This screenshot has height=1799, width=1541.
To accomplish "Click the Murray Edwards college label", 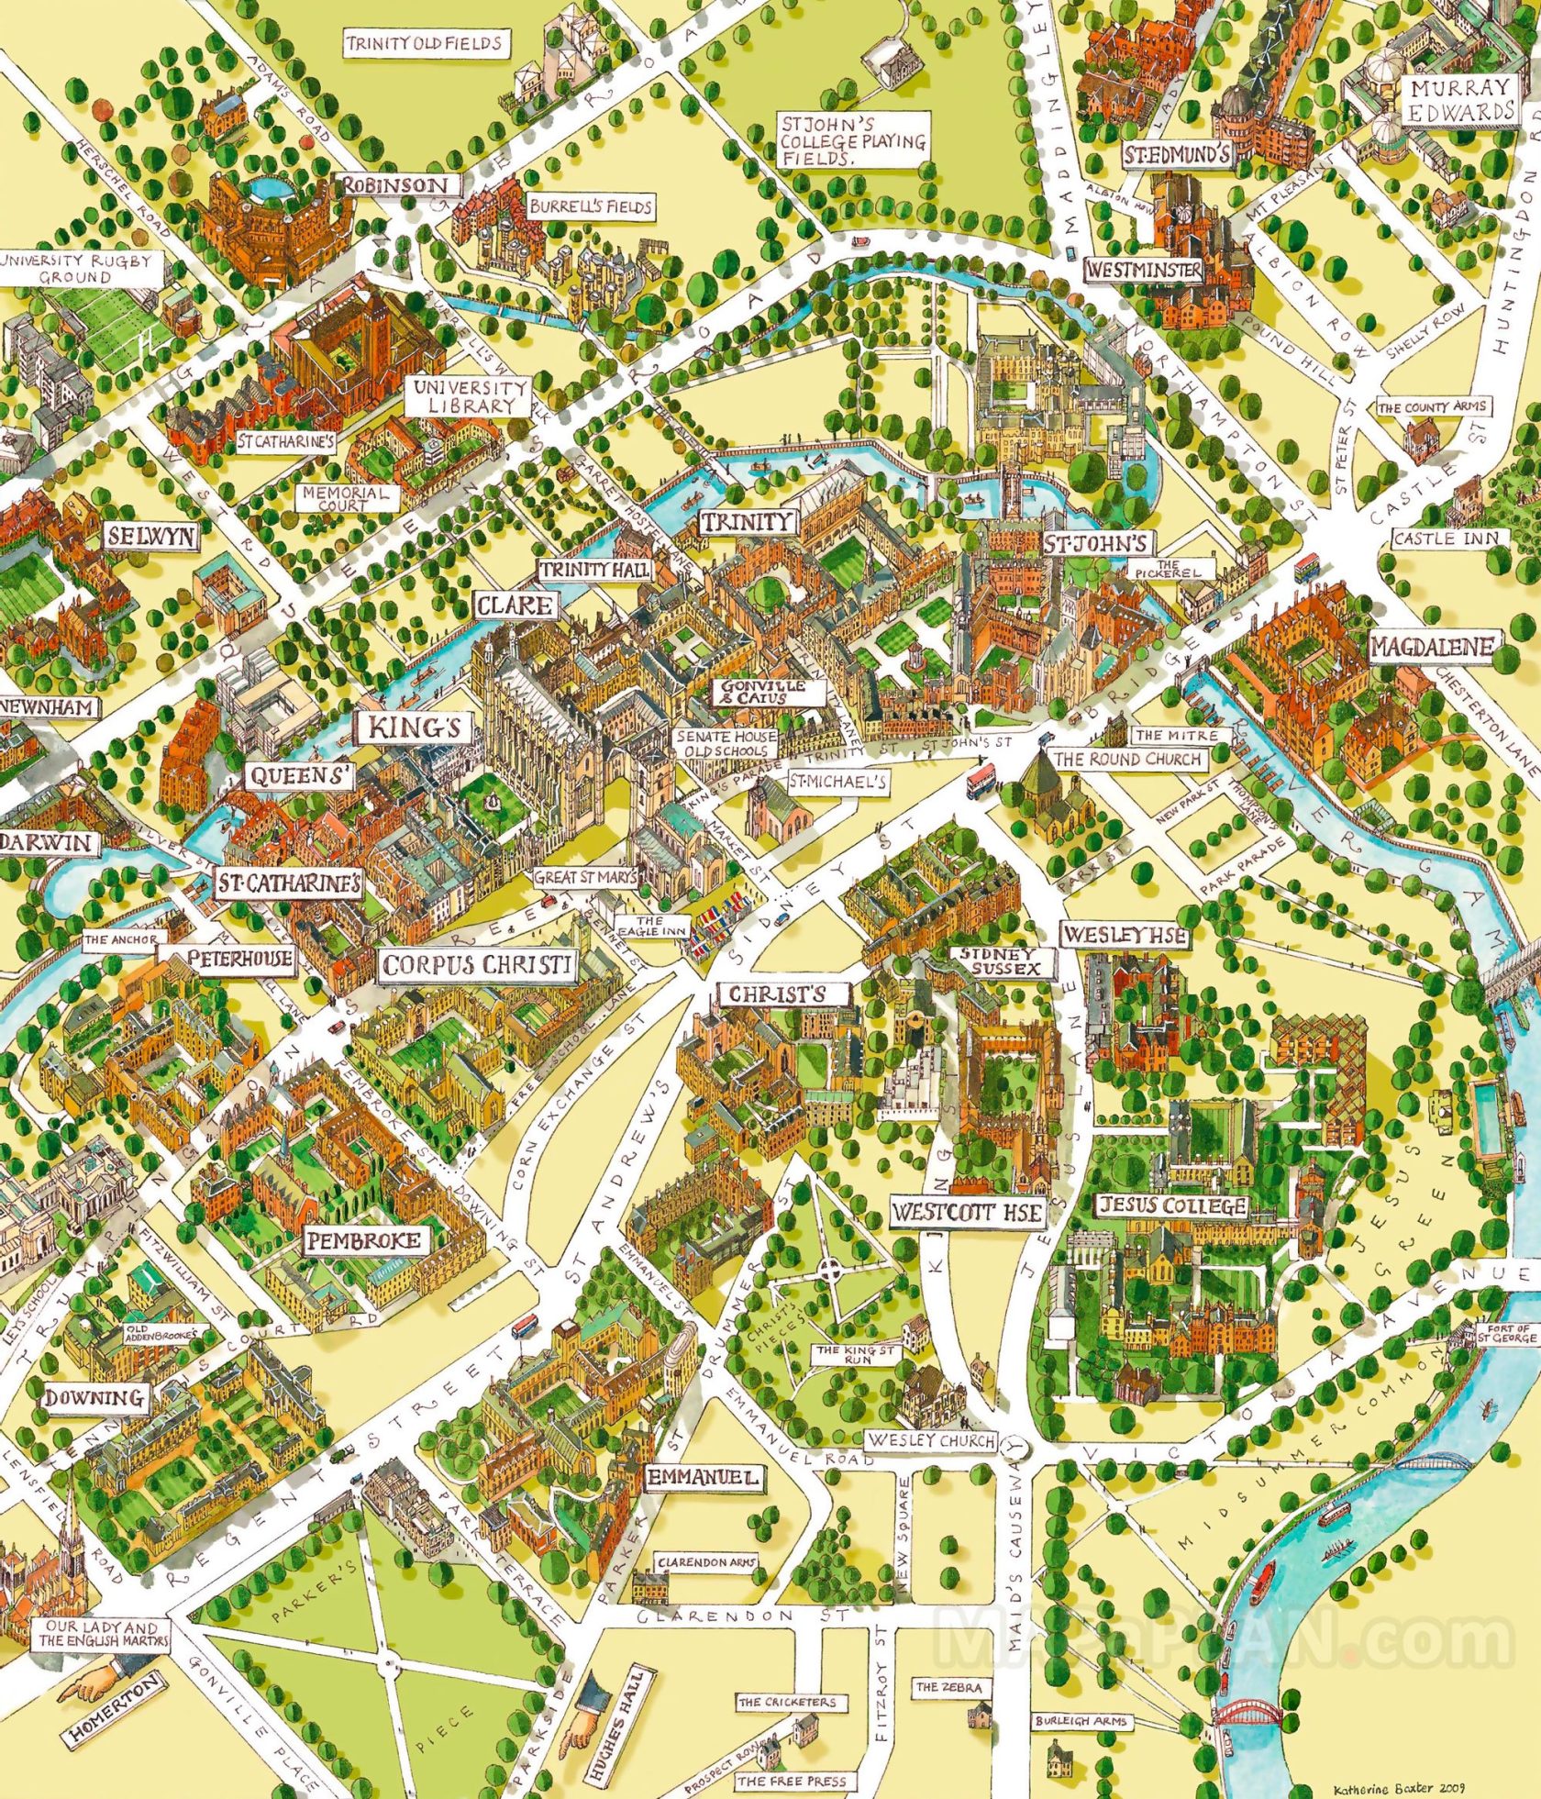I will [x=1460, y=100].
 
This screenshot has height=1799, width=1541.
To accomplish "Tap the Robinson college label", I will [x=395, y=185].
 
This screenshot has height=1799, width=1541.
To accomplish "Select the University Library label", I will [x=470, y=395].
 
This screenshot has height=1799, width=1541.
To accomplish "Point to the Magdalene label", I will [x=1432, y=647].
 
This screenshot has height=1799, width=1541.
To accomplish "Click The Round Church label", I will [x=1127, y=760].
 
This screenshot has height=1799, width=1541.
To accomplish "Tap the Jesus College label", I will [x=1173, y=1205].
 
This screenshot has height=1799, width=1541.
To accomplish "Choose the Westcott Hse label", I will [x=968, y=1213].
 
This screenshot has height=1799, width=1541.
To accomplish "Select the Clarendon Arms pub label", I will [x=706, y=1562].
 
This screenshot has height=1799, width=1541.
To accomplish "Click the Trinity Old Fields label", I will [x=425, y=43].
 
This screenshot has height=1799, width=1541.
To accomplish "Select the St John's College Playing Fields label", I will [x=853, y=139].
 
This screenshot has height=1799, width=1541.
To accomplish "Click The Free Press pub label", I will [x=792, y=1782].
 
